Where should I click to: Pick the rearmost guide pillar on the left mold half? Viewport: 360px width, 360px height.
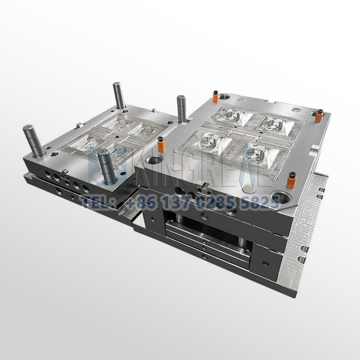(x=119, y=94)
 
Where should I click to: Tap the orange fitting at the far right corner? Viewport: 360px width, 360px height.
(x=319, y=116)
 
